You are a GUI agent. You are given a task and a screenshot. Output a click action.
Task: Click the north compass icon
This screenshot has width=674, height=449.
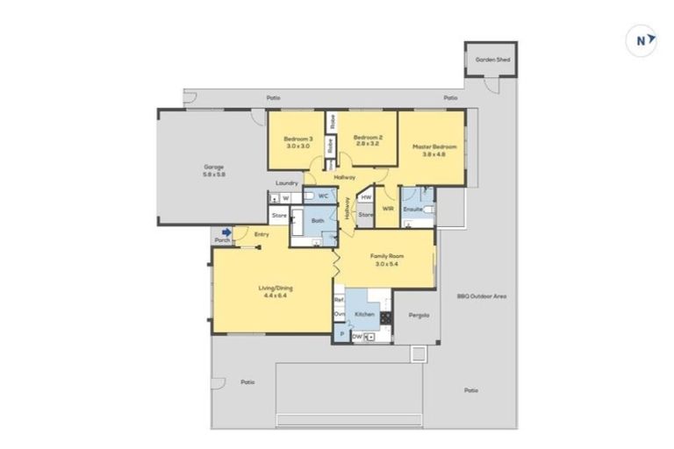[644, 40]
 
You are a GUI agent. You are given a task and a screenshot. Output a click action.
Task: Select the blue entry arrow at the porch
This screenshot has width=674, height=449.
[226, 232]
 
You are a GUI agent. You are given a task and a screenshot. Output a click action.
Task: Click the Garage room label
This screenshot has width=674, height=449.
[214, 170]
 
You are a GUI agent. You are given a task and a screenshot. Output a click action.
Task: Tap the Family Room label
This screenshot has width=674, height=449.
[386, 259]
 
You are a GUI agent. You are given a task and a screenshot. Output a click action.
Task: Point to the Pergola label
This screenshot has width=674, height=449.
[417, 316]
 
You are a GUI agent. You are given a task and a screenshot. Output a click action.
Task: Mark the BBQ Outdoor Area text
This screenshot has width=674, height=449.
[482, 296]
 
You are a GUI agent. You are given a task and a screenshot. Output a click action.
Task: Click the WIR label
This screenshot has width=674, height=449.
[387, 210]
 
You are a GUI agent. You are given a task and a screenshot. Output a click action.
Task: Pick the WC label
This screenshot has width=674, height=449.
[323, 196]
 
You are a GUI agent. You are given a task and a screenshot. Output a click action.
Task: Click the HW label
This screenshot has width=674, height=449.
[366, 197]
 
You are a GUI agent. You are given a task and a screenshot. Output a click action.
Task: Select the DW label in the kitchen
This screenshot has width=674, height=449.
[357, 336]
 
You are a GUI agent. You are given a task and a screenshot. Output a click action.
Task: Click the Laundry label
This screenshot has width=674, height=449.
[287, 183]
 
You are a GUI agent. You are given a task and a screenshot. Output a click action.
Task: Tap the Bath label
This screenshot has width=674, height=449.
[318, 220]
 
